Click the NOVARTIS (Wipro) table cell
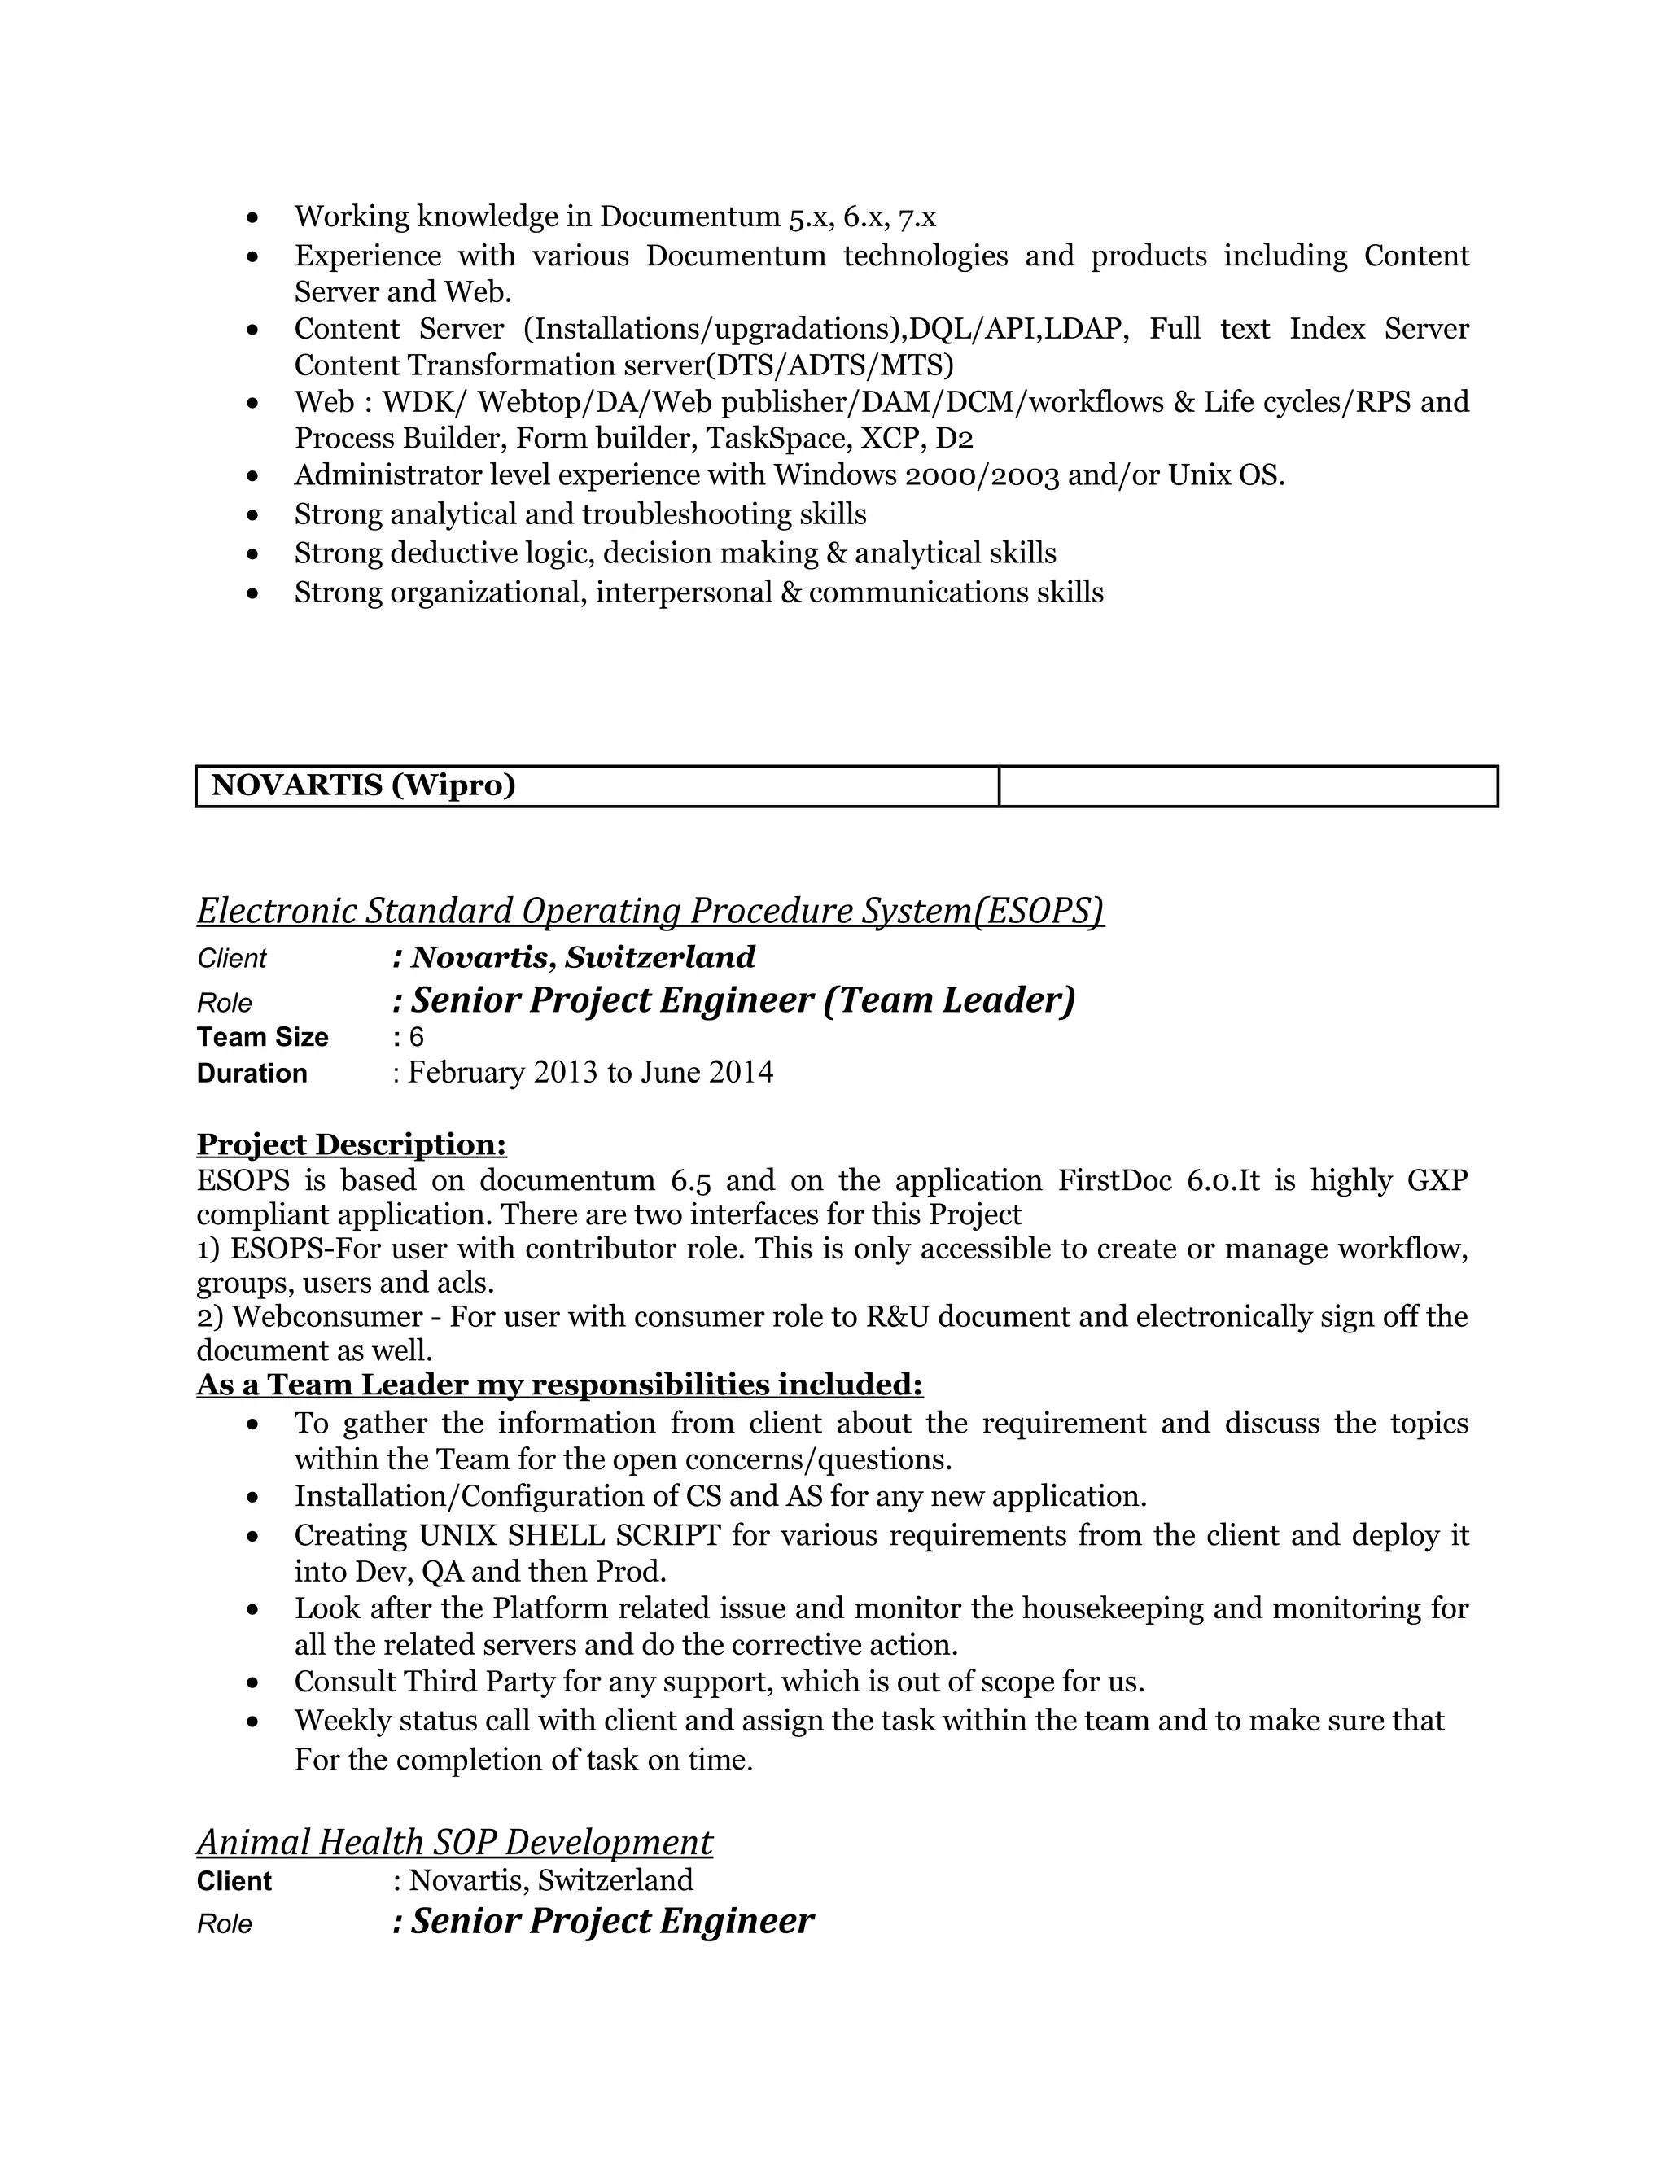[597, 786]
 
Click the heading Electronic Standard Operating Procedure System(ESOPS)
[650, 911]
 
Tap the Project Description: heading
[352, 1144]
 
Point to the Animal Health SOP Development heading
[454, 1842]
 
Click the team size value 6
[417, 1037]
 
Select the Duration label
[252, 1074]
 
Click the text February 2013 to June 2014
[591, 1073]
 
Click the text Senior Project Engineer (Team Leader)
[742, 1000]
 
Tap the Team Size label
[262, 1037]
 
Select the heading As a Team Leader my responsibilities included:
[559, 1385]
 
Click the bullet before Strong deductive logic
[254, 555]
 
